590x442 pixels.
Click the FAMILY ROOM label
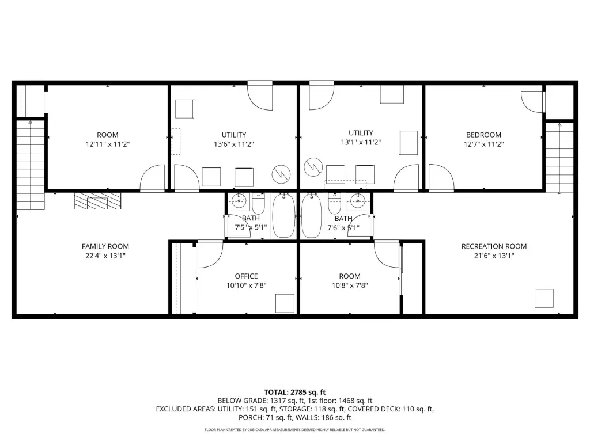pyautogui.click(x=105, y=246)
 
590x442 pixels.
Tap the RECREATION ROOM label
pyautogui.click(x=494, y=246)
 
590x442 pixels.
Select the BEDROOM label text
pyautogui.click(x=483, y=135)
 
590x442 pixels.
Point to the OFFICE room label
pyautogui.click(x=247, y=276)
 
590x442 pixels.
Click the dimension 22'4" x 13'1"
pyautogui.click(x=105, y=256)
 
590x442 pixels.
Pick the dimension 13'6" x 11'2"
pyautogui.click(x=234, y=144)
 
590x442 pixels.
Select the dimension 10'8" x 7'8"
pyautogui.click(x=350, y=285)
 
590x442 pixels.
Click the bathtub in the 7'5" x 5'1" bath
pyautogui.click(x=283, y=216)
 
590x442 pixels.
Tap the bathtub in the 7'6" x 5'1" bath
pyautogui.click(x=312, y=216)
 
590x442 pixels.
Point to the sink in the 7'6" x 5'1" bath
pyautogui.click(x=357, y=201)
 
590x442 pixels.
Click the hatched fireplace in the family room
pyautogui.click(x=98, y=201)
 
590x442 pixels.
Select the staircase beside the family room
pyautogui.click(x=31, y=165)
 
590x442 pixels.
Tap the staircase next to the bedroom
pyautogui.click(x=559, y=158)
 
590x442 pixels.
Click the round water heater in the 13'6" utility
pyautogui.click(x=281, y=174)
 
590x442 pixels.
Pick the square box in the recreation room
pyautogui.click(x=544, y=299)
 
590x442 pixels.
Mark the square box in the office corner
pyautogui.click(x=285, y=303)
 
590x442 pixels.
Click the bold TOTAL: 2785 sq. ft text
pyautogui.click(x=295, y=393)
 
